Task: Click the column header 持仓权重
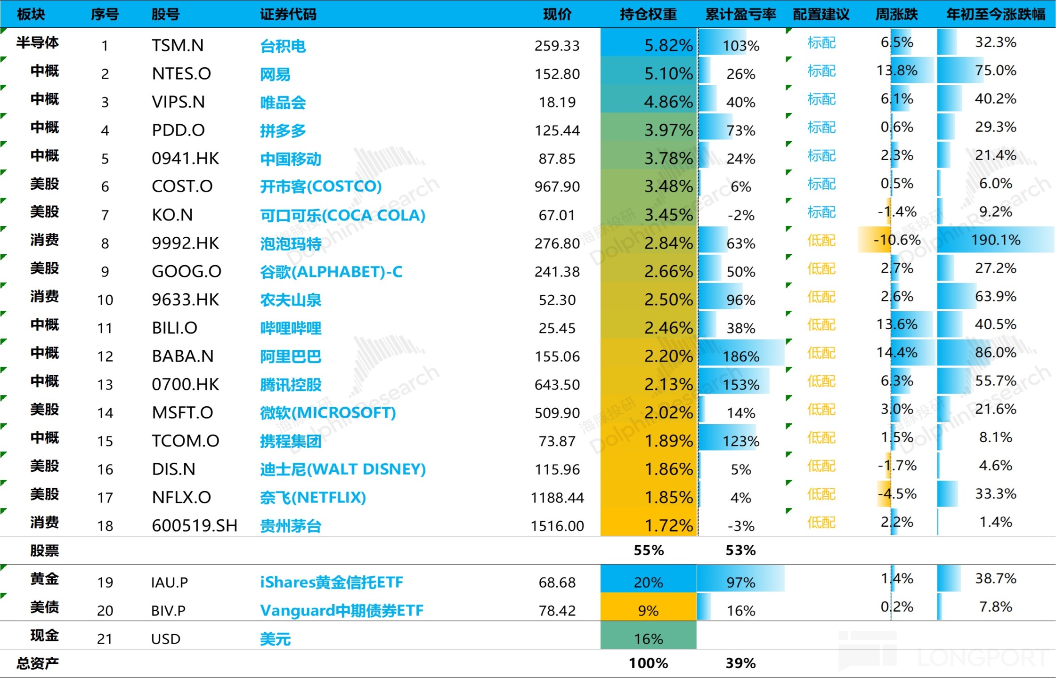point(648,15)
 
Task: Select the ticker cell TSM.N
point(178,46)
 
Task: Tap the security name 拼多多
point(283,130)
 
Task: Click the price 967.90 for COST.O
point(557,187)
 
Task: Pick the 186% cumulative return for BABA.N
point(741,356)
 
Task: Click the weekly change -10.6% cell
point(897,240)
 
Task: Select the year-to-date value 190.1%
point(995,240)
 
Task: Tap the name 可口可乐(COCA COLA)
point(342,215)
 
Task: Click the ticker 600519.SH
point(194,526)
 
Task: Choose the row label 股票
point(44,550)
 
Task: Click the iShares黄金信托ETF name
point(332,582)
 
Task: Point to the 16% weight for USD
point(648,639)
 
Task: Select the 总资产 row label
point(38,663)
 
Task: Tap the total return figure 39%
point(740,663)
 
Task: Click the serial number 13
point(105,385)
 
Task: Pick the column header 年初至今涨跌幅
point(996,15)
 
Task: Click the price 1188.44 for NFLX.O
point(557,498)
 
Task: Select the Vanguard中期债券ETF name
point(341,611)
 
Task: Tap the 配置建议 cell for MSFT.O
point(821,410)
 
